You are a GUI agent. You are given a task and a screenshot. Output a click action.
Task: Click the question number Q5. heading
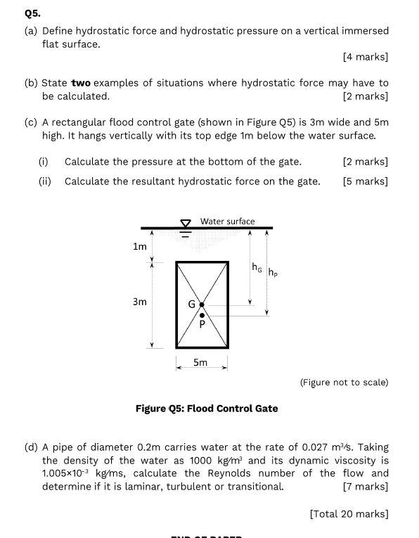[32, 13]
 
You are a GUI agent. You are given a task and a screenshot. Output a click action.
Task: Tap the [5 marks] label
[365, 181]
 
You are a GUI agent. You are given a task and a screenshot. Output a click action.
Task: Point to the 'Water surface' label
[228, 221]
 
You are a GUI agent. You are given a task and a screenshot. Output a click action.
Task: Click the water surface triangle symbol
[186, 224]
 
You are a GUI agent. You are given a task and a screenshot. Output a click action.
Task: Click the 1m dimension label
[140, 246]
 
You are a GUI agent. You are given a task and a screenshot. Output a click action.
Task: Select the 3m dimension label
[140, 302]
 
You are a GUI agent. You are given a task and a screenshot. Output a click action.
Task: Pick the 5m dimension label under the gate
[200, 363]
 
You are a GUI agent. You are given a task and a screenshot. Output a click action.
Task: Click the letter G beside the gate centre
[191, 305]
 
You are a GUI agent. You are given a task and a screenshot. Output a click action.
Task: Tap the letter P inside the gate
[202, 325]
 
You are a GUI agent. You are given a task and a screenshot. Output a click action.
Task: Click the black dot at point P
[202, 315]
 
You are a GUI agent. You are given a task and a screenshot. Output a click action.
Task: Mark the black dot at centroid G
[202, 305]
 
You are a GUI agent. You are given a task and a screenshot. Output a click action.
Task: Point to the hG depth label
[257, 267]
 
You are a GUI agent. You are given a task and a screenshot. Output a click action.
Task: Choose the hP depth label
[273, 272]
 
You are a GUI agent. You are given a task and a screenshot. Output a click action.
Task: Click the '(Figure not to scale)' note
[344, 383]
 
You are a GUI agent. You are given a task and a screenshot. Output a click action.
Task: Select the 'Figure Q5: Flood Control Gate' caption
[207, 409]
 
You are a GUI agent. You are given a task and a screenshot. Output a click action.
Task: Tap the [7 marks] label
[365, 486]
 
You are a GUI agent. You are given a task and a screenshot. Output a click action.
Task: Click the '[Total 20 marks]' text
[349, 514]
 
